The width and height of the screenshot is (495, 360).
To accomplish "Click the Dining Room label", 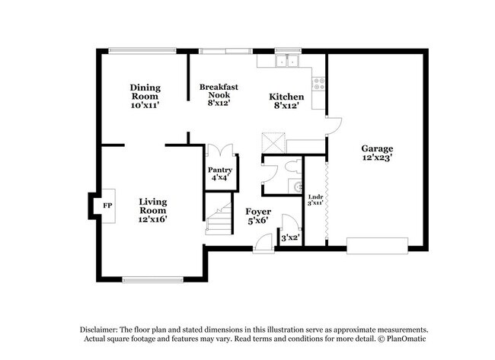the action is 145,92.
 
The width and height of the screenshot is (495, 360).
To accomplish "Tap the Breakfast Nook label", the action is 219,91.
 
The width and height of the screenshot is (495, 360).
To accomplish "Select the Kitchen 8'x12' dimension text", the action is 286,106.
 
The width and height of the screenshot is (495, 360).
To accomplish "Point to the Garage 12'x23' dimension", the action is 377,158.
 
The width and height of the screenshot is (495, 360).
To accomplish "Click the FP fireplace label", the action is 107,205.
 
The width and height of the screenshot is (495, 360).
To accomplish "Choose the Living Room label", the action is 153,206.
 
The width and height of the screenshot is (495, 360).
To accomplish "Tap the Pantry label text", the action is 220,170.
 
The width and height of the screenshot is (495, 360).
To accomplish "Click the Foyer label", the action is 258,212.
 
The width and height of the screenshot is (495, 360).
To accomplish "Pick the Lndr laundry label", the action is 316,197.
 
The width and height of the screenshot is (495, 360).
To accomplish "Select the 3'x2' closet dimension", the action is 290,237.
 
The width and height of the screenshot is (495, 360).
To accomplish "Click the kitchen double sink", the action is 287,61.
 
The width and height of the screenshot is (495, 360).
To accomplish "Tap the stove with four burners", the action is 318,84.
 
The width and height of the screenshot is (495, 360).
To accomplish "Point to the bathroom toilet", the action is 294,167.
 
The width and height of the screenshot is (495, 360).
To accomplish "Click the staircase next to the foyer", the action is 219,218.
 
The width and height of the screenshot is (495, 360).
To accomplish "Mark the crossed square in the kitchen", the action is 273,143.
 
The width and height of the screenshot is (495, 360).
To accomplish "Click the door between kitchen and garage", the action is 334,126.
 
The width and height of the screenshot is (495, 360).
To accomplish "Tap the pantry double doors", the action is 220,150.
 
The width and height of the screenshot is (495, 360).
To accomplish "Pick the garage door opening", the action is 377,246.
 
